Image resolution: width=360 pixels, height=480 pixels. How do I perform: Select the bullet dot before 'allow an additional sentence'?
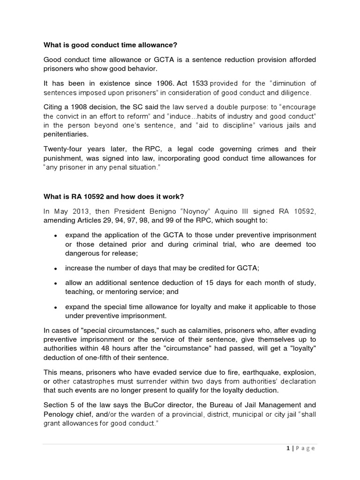point(55,284)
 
